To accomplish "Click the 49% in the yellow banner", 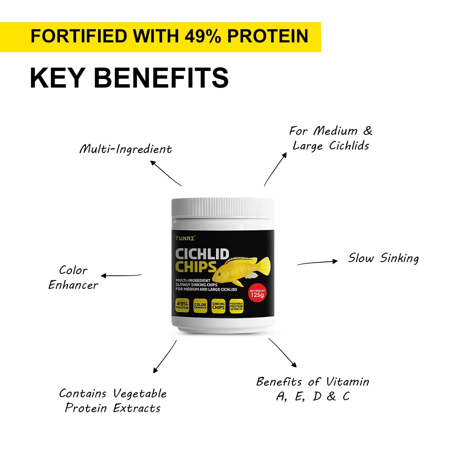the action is point(203,36).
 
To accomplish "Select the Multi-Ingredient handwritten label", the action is point(126,149).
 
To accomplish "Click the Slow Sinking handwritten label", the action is point(383,258).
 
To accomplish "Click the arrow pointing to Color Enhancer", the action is point(121,275).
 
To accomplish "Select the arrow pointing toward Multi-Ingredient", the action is point(166,173).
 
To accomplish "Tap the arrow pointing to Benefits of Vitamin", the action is point(282,353).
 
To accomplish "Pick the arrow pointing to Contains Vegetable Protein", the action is point(165,357).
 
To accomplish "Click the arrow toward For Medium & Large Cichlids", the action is point(275,169).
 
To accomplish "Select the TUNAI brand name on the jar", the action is point(185,238).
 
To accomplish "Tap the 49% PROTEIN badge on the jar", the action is point(182,305).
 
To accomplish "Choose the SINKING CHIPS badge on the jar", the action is point(218,306).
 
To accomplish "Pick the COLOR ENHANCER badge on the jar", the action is point(200,306).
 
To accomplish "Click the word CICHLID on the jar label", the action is point(202,254).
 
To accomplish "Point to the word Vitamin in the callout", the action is point(348,382).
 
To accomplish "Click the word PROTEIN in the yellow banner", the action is point(268,36).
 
